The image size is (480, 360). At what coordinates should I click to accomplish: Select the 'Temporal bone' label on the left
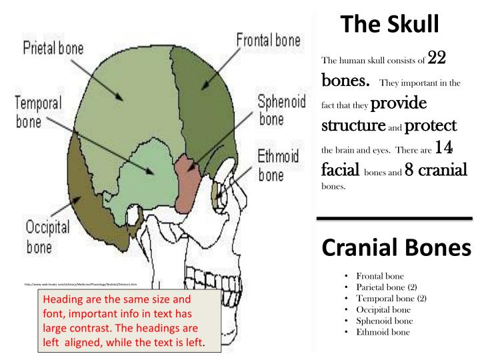point(38,113)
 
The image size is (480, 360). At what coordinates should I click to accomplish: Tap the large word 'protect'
point(430,125)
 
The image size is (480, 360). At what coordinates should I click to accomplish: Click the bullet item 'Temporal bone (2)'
point(391,298)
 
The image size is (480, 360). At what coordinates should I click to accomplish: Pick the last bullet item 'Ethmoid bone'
point(383,332)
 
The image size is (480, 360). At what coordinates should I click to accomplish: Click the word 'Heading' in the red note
point(61,299)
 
